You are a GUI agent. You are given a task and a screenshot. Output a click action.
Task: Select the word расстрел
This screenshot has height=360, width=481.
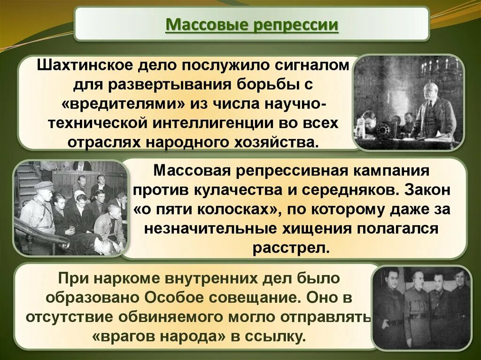click(289, 248)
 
